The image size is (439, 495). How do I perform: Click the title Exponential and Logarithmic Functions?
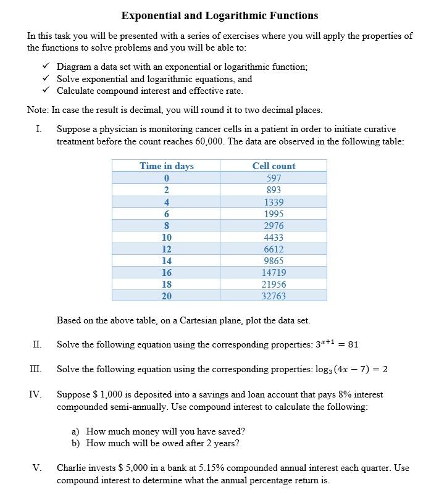[219, 15]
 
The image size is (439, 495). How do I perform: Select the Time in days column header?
[166, 165]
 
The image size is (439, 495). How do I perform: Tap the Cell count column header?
[274, 165]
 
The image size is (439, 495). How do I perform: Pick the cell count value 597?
[274, 178]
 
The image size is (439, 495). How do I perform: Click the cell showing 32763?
[274, 296]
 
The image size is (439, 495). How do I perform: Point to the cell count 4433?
[274, 237]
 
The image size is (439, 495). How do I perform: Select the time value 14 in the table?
[166, 260]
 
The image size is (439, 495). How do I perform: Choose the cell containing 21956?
[274, 284]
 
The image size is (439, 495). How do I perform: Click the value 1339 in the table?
[274, 202]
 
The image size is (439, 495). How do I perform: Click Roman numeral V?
[37, 468]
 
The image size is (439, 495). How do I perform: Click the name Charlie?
[72, 468]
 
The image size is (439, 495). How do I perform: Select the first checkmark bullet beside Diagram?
[45, 67]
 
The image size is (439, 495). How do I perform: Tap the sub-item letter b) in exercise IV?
[76, 443]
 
